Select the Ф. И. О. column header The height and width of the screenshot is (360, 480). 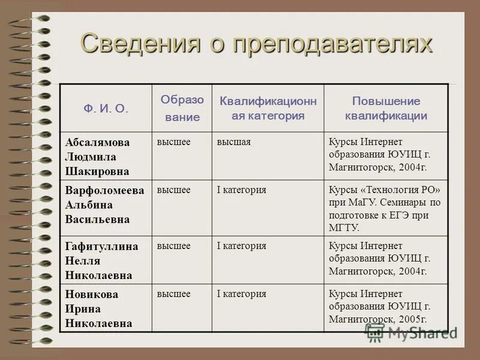(x=106, y=109)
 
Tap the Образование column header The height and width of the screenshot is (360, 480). (x=182, y=109)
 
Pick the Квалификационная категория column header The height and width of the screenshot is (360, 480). (x=268, y=109)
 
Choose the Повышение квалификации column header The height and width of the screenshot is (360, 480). (x=386, y=109)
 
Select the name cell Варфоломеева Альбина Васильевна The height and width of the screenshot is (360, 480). (x=105, y=205)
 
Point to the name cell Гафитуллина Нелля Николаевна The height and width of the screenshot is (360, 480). (x=101, y=260)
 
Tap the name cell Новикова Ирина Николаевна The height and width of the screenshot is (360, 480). (x=98, y=309)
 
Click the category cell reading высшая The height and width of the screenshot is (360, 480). (x=233, y=142)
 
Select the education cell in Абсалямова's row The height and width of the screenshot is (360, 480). (x=173, y=142)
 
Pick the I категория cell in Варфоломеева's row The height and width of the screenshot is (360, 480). (x=241, y=190)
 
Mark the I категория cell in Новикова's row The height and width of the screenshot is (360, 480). (x=241, y=294)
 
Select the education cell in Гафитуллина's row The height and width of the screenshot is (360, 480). (x=173, y=246)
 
